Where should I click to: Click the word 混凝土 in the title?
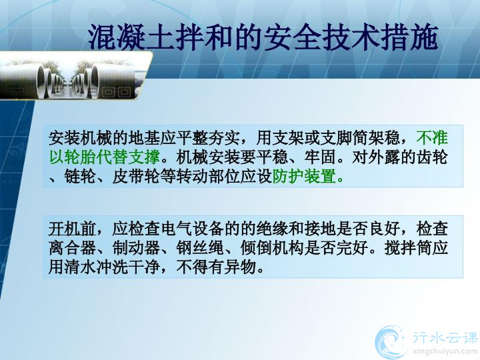coord(131,37)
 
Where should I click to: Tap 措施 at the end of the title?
coord(409,37)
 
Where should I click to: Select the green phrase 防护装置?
coord(304,176)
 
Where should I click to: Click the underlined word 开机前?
coord(73,229)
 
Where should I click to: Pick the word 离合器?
coord(73,247)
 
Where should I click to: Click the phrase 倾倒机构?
coord(273,247)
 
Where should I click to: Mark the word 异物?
coord(240,267)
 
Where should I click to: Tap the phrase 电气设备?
coord(193,229)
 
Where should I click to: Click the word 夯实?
coord(225,138)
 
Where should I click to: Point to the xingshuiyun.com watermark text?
coord(445,351)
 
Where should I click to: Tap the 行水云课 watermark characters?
coord(445,337)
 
